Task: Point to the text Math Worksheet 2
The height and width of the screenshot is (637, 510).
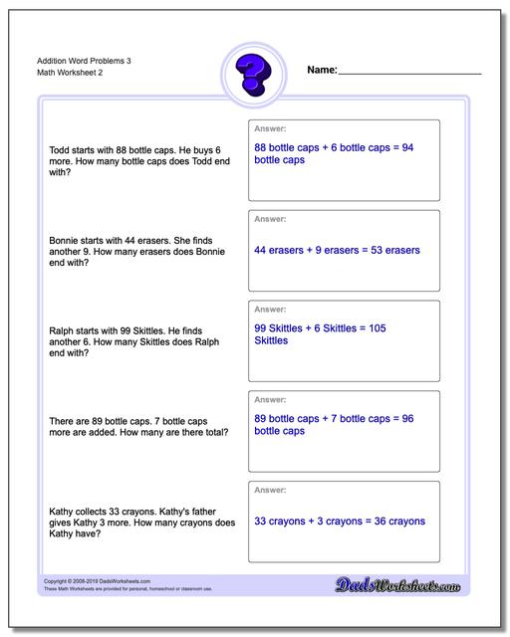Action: point(70,73)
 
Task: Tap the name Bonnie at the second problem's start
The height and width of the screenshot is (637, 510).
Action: point(65,240)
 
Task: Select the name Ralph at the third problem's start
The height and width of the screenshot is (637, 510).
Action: point(62,330)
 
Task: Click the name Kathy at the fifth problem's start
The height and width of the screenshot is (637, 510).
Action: point(62,511)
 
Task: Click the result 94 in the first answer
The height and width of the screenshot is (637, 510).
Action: point(406,147)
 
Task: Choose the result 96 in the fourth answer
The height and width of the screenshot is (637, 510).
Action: point(406,418)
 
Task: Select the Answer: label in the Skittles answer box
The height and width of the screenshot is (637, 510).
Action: point(271,309)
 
